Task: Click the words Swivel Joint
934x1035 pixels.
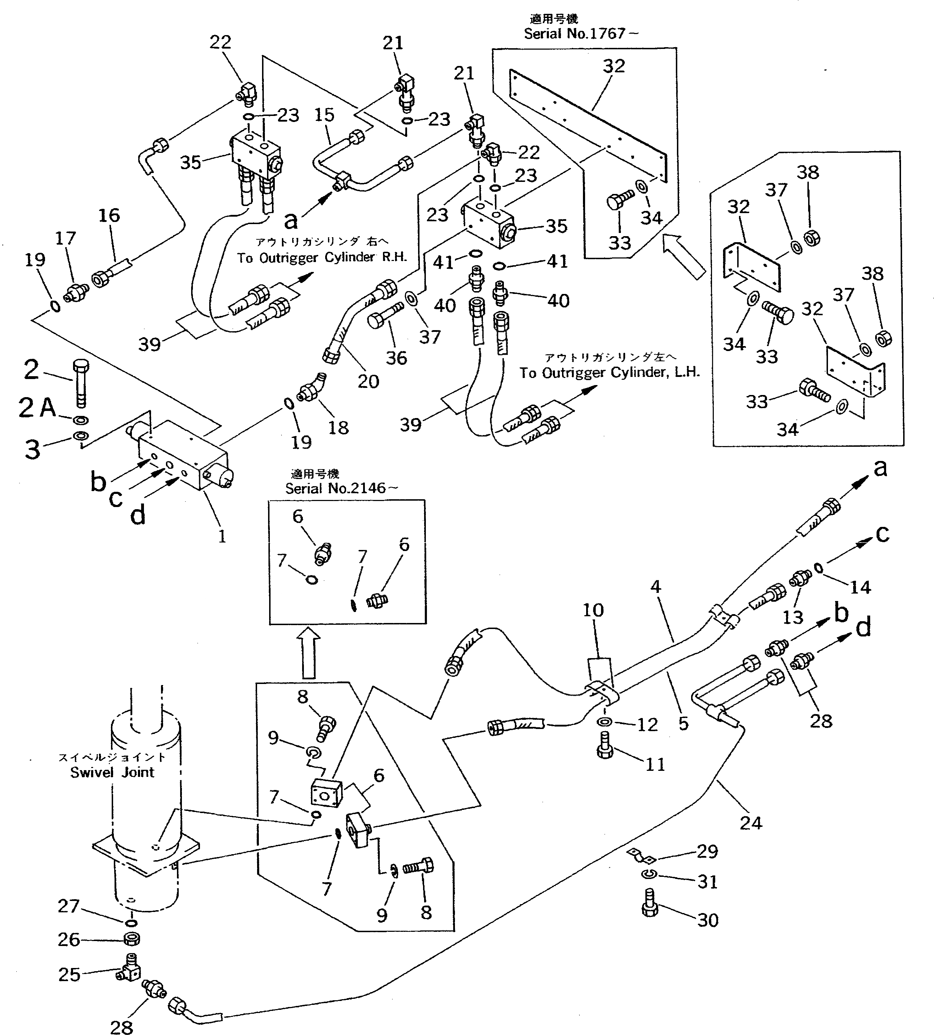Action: [x=112, y=772]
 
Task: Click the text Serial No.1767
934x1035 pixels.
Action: [x=580, y=34]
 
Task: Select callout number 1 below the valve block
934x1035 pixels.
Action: [x=222, y=537]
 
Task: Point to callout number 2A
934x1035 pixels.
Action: [x=37, y=408]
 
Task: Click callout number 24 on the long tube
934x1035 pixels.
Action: [x=751, y=823]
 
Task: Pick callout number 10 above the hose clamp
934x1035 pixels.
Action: [x=593, y=610]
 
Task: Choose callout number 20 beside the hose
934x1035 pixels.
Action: [x=368, y=381]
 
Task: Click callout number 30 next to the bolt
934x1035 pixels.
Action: [x=708, y=920]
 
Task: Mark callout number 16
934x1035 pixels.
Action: [x=109, y=216]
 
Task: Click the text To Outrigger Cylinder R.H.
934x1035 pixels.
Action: [x=322, y=257]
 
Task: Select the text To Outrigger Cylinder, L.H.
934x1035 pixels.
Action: [x=609, y=373]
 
